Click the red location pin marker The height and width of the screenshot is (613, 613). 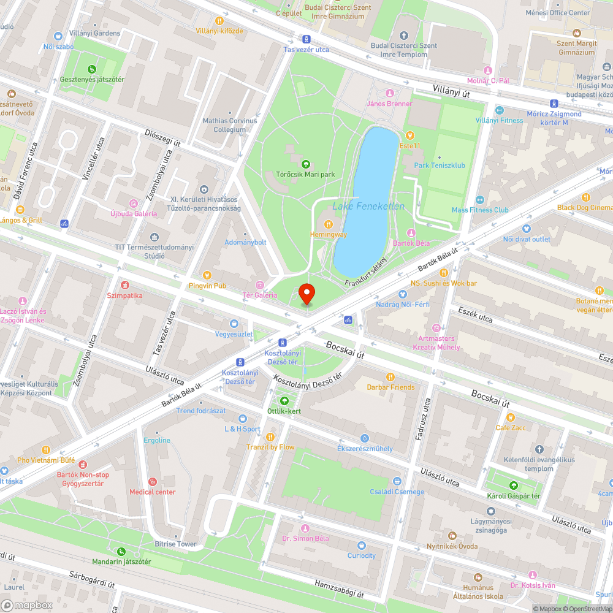pyautogui.click(x=306, y=294)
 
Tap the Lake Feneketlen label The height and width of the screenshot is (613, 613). pyautogui.click(x=368, y=207)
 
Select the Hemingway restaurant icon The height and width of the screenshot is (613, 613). pyautogui.click(x=328, y=224)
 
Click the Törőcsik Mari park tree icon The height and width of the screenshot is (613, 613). pyautogui.click(x=305, y=164)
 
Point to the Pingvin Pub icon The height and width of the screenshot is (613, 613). pyautogui.click(x=207, y=275)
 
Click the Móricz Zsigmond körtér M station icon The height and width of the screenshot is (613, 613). pyautogui.click(x=554, y=104)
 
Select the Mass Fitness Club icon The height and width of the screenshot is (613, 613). pyautogui.click(x=480, y=200)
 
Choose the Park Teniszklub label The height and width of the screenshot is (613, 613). pyautogui.click(x=439, y=166)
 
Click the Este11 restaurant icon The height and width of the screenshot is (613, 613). pyautogui.click(x=409, y=135)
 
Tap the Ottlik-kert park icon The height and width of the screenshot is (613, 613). pyautogui.click(x=284, y=400)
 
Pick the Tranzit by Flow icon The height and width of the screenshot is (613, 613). pyautogui.click(x=270, y=436)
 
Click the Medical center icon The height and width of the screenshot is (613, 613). pyautogui.click(x=152, y=481)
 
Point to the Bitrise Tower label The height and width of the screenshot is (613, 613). pyautogui.click(x=175, y=544)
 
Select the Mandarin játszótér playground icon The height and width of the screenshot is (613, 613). pyautogui.click(x=121, y=551)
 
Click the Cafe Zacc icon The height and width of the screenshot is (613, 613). pyautogui.click(x=511, y=417)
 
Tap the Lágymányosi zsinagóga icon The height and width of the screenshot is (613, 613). pyautogui.click(x=490, y=511)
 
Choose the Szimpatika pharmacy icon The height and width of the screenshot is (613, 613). pyautogui.click(x=125, y=285)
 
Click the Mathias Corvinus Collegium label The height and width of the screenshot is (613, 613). pyautogui.click(x=230, y=125)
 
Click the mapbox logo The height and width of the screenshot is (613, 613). pyautogui.click(x=27, y=605)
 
